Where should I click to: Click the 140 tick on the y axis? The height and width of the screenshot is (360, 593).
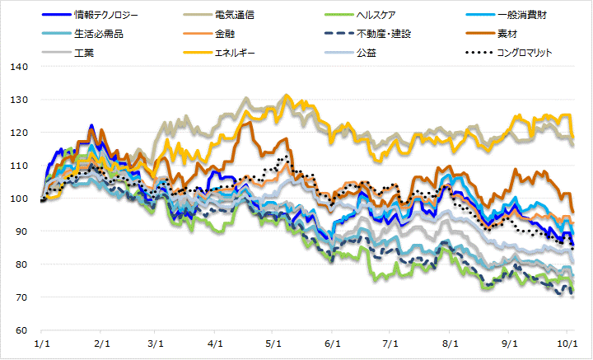pos(20,67)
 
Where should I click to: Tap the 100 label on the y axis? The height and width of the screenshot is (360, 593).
pos(20,199)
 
